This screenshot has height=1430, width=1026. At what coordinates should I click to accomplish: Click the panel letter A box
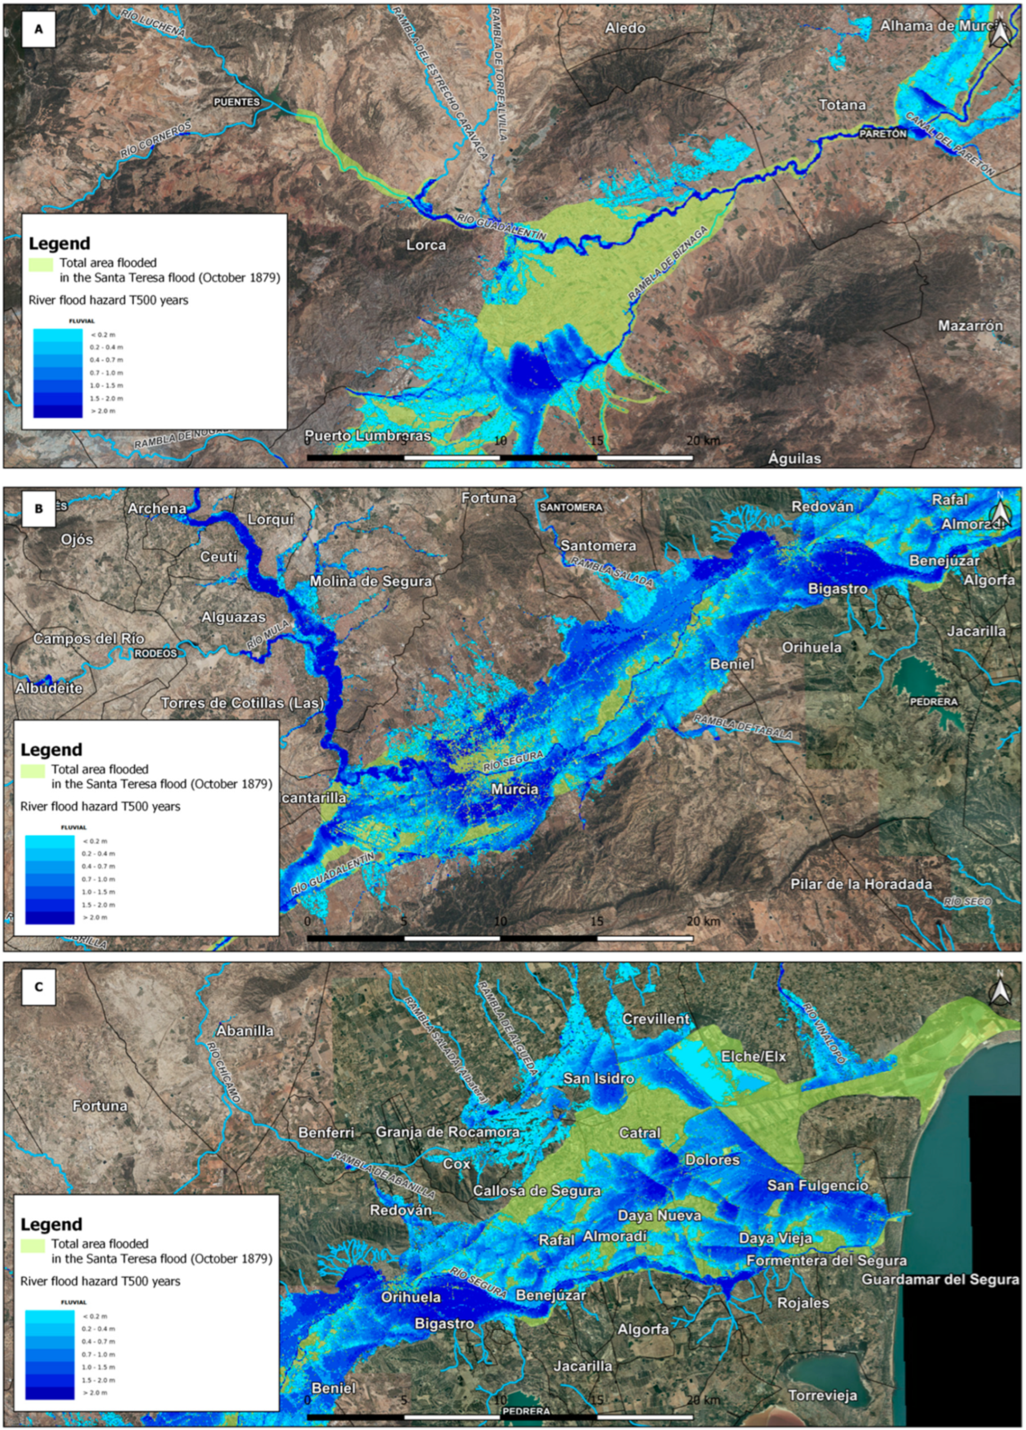coord(39,29)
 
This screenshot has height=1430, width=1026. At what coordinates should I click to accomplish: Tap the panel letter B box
coord(39,508)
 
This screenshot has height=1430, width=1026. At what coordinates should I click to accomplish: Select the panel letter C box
coord(39,987)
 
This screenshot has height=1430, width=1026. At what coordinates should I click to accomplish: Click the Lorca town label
coord(426,244)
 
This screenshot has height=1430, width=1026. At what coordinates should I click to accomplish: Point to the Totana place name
coord(842,105)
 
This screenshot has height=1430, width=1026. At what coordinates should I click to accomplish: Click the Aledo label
coord(625,28)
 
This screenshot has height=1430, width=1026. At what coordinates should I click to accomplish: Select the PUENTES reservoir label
coord(236,102)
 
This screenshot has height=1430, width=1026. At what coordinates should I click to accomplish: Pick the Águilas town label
coord(794,458)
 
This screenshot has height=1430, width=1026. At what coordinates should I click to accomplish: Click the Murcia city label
coord(515,789)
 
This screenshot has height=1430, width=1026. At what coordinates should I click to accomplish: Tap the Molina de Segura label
coord(370,581)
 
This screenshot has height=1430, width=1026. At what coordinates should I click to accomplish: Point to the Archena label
coord(157,508)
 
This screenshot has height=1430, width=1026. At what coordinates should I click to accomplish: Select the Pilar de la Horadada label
coord(861,884)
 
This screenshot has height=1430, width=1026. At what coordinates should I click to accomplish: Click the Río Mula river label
coord(267,634)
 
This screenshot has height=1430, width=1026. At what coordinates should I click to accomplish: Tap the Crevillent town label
coord(656,1019)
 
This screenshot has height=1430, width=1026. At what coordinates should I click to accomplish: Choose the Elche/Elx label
coord(754,1056)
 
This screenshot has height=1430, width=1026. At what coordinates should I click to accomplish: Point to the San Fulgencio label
coord(817,1186)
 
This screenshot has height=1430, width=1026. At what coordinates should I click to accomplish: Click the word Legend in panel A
coord(59,243)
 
